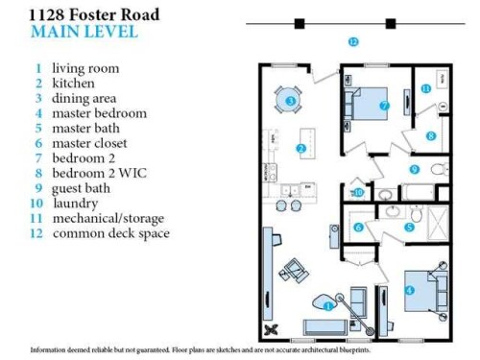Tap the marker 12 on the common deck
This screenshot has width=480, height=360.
[353, 41]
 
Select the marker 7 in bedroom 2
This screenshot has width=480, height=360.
[384, 106]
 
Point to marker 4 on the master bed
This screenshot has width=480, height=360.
[410, 291]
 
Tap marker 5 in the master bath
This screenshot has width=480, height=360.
[408, 228]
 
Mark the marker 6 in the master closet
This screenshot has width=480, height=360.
[357, 228]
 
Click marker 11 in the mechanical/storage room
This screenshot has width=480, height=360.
[424, 88]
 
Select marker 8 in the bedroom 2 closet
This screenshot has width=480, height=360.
[431, 136]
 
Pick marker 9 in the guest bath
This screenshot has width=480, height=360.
[415, 169]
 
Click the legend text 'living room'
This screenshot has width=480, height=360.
[85, 68]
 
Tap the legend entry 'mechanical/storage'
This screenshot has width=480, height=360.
[108, 218]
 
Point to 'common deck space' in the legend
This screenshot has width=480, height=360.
[110, 233]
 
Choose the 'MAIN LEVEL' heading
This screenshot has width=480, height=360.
[84, 32]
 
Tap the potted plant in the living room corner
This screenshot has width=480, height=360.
[272, 329]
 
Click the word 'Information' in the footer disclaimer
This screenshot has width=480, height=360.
[49, 349]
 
